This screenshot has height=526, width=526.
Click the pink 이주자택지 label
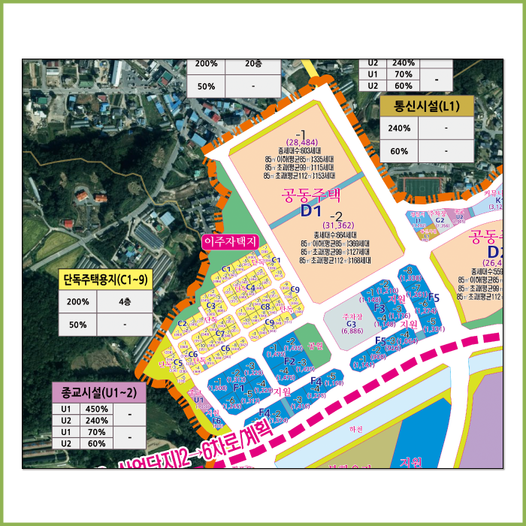click(230, 241)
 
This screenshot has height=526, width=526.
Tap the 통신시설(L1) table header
click(427, 106)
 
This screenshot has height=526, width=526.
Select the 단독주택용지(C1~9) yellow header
click(105, 281)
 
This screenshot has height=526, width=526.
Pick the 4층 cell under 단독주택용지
click(123, 302)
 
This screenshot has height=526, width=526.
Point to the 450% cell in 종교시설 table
click(98, 410)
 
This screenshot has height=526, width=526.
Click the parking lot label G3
click(351, 325)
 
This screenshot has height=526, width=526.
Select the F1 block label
click(238, 388)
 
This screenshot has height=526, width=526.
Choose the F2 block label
click(289, 361)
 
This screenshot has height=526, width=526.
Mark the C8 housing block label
click(265, 307)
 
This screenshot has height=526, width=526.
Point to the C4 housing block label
click(251, 287)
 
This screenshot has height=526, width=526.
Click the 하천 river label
click(355, 429)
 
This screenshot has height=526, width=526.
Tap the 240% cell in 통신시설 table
click(399, 128)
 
